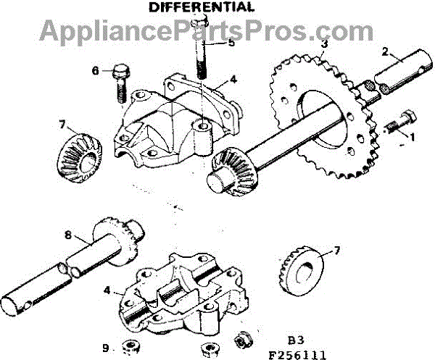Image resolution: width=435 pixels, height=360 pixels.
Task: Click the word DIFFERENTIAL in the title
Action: click(202, 8)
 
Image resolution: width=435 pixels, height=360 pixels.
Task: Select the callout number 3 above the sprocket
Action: click(324, 44)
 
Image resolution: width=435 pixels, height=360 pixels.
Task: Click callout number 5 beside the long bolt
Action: click(231, 43)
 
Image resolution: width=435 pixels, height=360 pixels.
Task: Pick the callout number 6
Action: click(95, 70)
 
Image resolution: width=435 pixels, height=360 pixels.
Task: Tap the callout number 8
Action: click(67, 235)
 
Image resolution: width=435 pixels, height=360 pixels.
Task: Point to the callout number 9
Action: click(107, 348)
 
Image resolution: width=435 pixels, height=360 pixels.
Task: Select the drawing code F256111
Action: click(300, 353)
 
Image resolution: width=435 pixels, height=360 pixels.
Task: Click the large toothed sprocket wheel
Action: click(319, 116)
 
